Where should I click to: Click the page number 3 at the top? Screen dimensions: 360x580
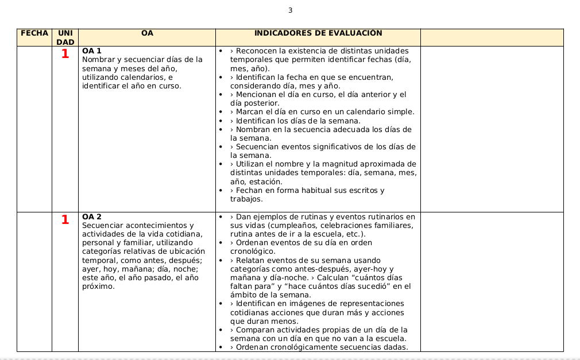tap(291, 10)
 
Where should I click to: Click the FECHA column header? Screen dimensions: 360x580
tap(34, 33)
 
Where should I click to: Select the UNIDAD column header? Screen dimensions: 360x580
tap(65, 38)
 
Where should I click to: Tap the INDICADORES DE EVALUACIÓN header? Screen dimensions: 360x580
tap(318, 33)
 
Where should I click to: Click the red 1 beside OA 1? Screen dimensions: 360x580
tap(65, 54)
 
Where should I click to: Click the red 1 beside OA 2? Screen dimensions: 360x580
tap(65, 219)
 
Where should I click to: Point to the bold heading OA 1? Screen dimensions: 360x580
tap(92, 51)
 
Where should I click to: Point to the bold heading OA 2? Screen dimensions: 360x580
tap(92, 216)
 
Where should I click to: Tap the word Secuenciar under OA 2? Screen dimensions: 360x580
tap(103, 226)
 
